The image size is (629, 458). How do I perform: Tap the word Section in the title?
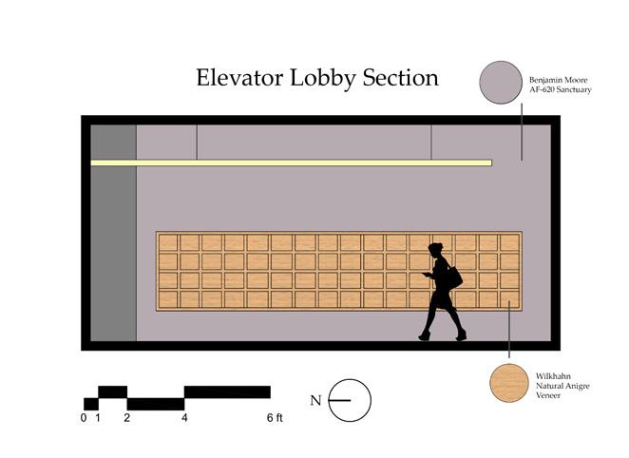pos(400,78)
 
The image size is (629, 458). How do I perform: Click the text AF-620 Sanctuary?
pos(561,89)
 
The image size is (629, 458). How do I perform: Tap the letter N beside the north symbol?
pos(315,401)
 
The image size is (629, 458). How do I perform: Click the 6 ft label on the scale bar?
pos(274,418)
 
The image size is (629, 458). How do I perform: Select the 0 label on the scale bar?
pos(84,418)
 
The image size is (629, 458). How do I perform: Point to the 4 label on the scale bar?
pos(184,418)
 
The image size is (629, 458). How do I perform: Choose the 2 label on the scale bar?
pos(127,418)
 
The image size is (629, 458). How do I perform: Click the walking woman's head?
pos(436,251)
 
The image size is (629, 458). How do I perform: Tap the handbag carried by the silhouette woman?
pos(453,277)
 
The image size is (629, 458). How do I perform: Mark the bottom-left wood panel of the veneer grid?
pos(168,299)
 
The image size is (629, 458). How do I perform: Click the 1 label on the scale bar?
pos(99,418)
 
